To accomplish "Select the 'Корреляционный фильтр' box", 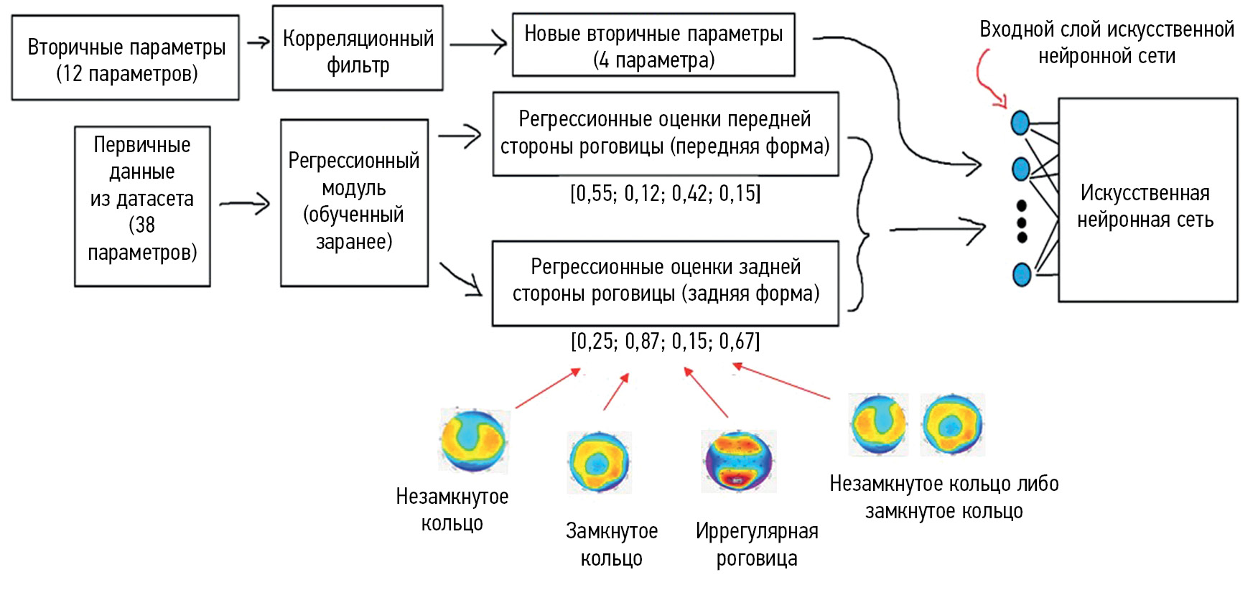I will coord(358,49).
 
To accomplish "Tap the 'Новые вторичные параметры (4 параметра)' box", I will coord(653,45).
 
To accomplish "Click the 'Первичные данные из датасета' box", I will coord(142,207).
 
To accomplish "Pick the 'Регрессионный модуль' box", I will coord(354,203).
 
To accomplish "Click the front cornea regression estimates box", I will coord(665,134).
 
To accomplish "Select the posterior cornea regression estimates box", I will coord(665,283).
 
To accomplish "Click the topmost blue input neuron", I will coord(1020,123).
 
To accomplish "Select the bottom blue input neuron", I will coord(1021,274).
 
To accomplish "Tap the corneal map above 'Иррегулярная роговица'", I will coord(738,461).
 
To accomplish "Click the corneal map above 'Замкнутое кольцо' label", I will coord(598,462).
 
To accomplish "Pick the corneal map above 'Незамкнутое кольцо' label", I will coord(473,440).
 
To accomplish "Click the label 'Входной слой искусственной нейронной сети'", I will coord(1106,42).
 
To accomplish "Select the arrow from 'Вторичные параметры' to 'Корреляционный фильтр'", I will coord(257,42).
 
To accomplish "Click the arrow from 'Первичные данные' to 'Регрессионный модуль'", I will coord(244,204).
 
